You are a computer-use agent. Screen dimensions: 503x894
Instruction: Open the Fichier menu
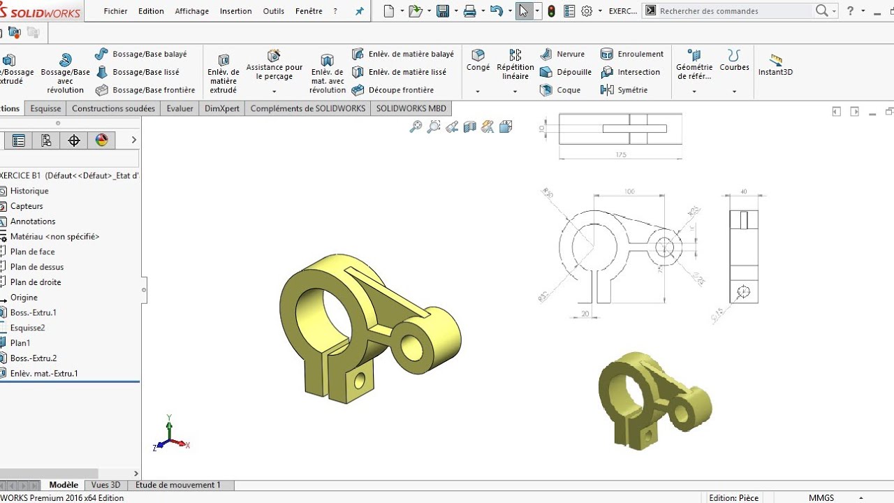tap(115, 11)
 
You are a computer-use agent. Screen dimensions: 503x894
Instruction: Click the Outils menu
tap(273, 11)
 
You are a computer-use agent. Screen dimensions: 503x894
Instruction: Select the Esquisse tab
tap(45, 108)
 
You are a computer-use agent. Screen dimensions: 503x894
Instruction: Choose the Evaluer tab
tap(179, 108)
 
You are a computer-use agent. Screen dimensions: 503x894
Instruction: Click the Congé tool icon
tap(478, 55)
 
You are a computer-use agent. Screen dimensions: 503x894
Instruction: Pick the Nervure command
tap(570, 54)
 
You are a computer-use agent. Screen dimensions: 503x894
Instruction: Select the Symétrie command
tap(632, 90)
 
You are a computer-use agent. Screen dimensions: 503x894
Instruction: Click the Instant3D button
tap(775, 64)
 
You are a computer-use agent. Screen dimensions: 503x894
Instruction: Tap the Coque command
tap(568, 90)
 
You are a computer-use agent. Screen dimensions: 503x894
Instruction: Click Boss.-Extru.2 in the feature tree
tap(33, 358)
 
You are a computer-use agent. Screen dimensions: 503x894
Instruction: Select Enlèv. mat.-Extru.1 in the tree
tap(43, 374)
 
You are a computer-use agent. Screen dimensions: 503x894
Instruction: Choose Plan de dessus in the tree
tap(36, 267)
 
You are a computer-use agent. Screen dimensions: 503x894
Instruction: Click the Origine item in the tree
tap(24, 298)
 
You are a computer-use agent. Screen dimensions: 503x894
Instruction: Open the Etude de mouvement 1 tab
tap(177, 485)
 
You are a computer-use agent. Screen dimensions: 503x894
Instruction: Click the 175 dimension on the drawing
tap(621, 155)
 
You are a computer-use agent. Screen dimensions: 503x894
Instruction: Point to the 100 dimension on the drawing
tap(629, 191)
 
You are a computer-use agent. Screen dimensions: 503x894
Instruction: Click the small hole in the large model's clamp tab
tap(360, 381)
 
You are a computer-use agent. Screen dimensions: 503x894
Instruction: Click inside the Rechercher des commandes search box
tap(733, 11)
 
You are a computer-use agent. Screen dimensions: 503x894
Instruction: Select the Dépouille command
tap(573, 72)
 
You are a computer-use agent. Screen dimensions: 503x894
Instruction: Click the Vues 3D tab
tap(105, 485)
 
